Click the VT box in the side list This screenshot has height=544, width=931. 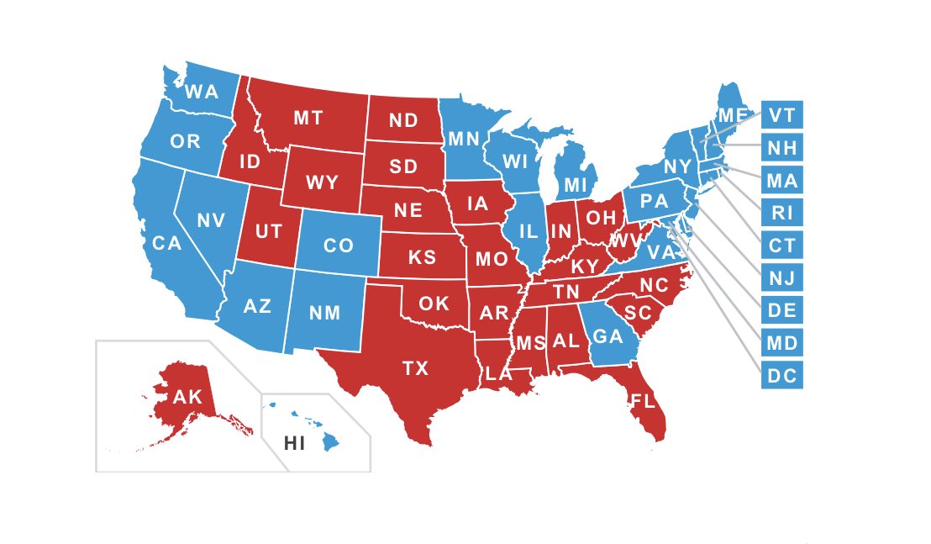point(782,113)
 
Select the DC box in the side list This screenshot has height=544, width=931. point(782,375)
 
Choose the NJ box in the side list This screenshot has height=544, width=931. point(782,277)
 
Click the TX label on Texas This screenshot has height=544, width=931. point(415,367)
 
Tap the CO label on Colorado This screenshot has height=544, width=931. point(339,246)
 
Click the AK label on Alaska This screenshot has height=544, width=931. point(188,397)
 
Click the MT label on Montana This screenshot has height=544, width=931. point(308,119)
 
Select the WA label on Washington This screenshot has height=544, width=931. point(202,91)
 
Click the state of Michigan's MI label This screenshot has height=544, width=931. point(575,183)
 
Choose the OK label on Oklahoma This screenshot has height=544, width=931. point(434,304)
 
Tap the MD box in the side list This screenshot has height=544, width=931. point(782,342)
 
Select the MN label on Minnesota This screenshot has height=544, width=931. point(463,137)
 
